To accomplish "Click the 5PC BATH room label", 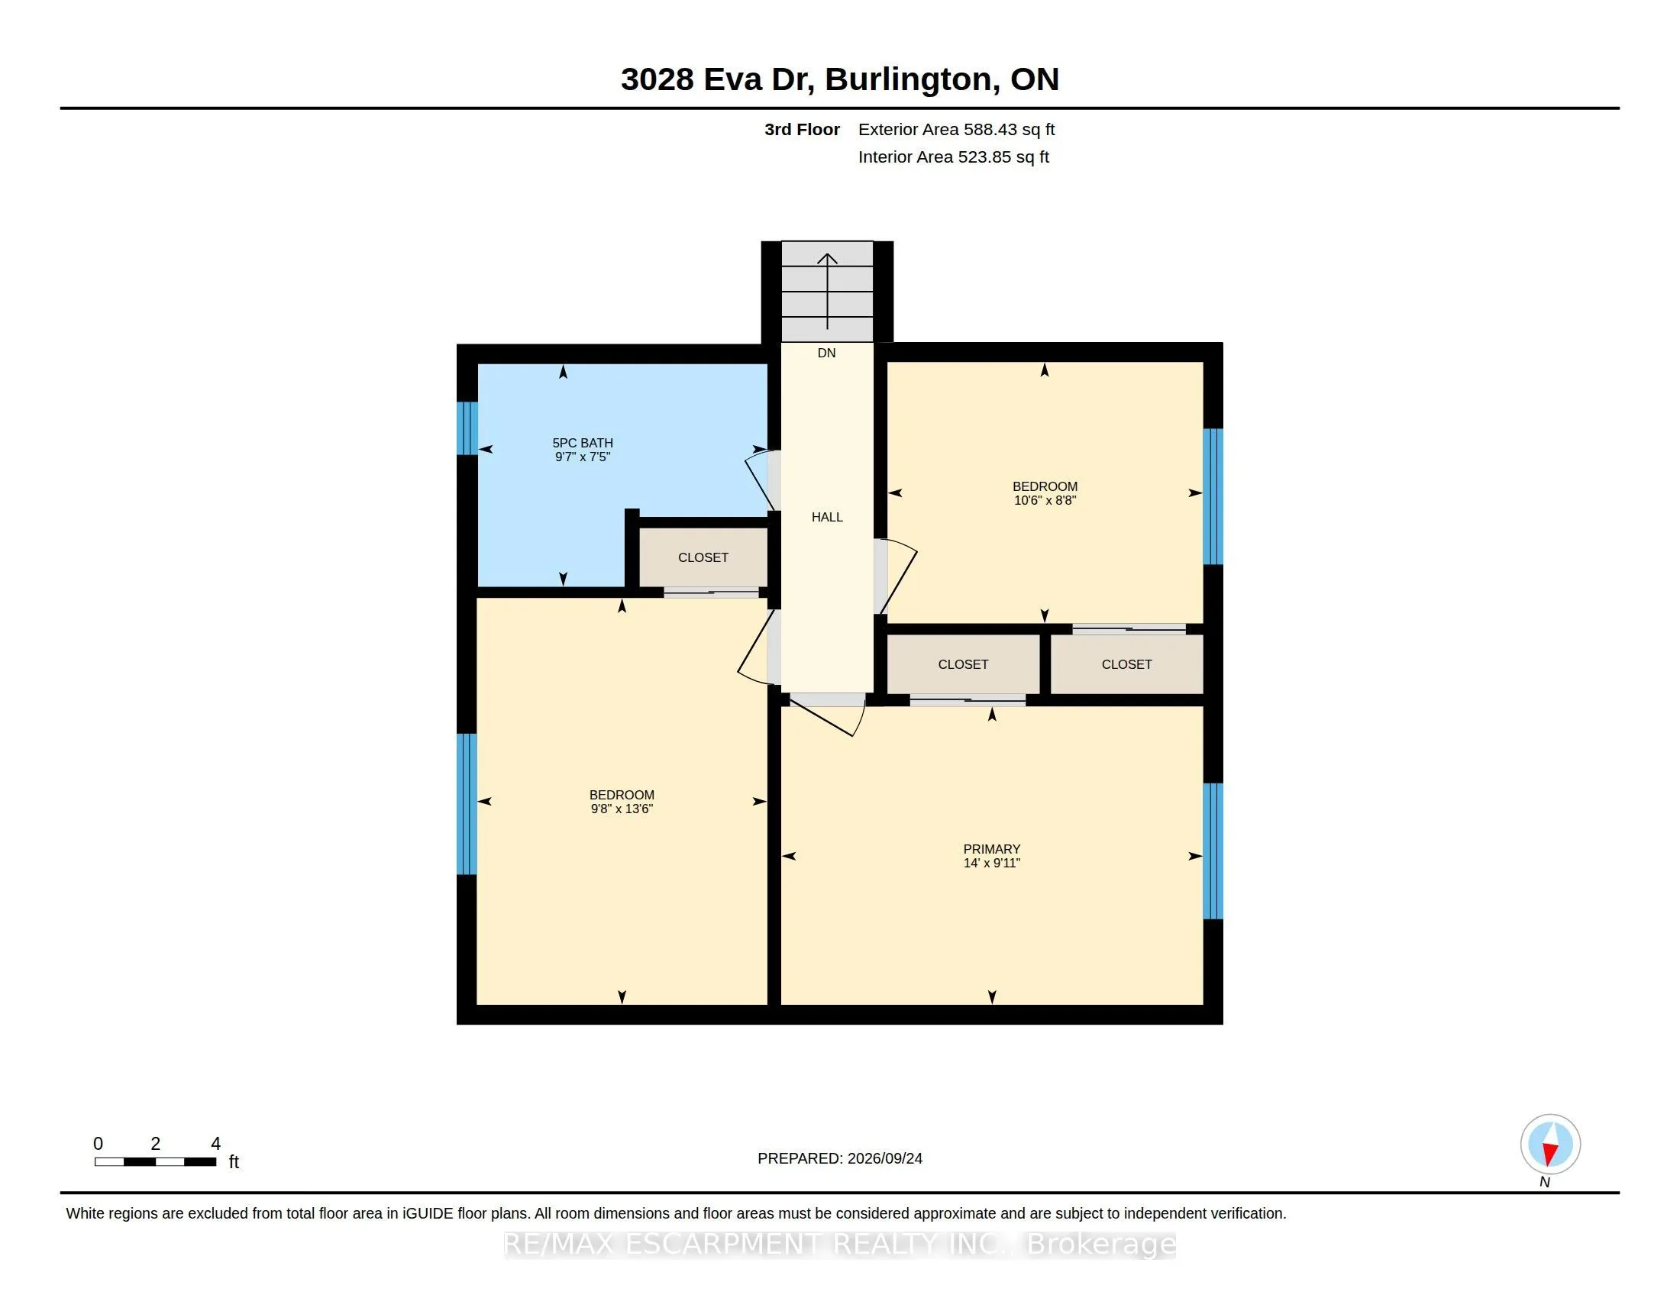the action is point(583,443).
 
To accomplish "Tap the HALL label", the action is point(827,517).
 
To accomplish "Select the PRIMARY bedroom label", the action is point(991,849).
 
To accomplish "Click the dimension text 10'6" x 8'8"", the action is point(1045,500).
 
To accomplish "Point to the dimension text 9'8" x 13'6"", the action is point(622,808).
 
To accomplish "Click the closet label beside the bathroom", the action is point(703,557).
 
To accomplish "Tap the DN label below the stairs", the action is point(826,353).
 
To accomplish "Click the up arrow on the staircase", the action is point(827,292).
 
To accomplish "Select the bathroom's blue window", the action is point(467,428).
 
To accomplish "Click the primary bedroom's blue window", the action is point(1213,851).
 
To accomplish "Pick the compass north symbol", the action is point(1550,1145).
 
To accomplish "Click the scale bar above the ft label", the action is point(155,1162).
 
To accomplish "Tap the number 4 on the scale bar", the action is point(215,1144).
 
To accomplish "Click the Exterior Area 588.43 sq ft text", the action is point(956,129).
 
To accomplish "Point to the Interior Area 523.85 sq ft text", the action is point(953,157).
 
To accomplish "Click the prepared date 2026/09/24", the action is point(884,1158).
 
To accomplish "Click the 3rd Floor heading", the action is point(802,129).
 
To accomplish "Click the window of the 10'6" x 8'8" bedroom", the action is point(1213,497).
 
